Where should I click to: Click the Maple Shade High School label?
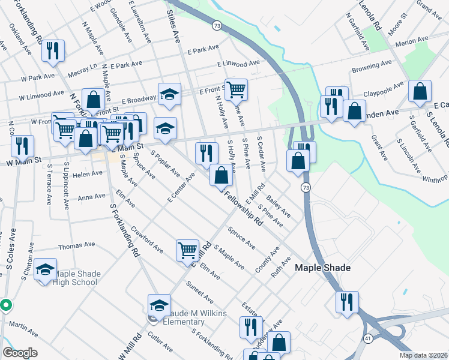[76, 278]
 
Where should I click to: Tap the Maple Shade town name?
[322, 268]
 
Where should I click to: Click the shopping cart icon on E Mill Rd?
[187, 250]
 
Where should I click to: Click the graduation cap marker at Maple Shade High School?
[45, 269]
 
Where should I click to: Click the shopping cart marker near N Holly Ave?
[236, 89]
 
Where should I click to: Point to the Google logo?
[20, 353]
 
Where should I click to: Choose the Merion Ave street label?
[412, 39]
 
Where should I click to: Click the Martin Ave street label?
[23, 329]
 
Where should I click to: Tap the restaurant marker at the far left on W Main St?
[22, 146]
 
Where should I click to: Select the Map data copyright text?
[423, 355]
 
